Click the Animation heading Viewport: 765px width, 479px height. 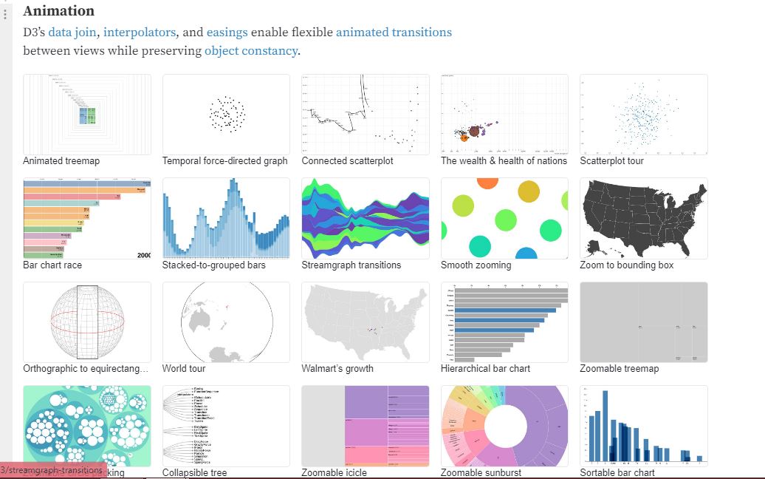[59, 11]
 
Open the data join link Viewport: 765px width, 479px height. [72, 33]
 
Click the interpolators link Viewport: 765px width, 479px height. [140, 33]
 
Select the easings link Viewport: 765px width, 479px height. [227, 33]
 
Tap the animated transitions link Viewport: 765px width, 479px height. [394, 33]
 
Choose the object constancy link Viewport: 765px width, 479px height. [251, 51]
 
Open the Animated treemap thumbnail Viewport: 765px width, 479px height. [87, 114]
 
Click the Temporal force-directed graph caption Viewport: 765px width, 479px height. [225, 160]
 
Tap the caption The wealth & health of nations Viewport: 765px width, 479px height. [504, 160]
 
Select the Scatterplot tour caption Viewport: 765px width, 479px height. [611, 160]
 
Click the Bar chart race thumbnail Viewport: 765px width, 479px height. [87, 218]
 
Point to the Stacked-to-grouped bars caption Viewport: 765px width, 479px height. [213, 265]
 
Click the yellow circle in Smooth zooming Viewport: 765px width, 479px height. [529, 191]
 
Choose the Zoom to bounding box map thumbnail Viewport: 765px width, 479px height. [644, 218]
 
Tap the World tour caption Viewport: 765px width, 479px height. [185, 368]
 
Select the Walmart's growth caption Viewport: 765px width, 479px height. [337, 368]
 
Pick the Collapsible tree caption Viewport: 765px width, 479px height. [194, 472]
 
